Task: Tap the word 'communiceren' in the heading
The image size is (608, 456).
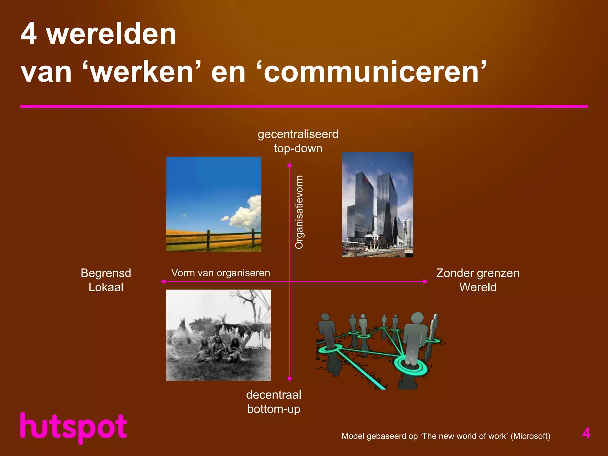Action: (x=371, y=72)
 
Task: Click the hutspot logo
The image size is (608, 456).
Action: (x=74, y=428)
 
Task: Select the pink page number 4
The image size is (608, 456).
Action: (x=586, y=433)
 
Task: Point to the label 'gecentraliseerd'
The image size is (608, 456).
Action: (x=298, y=134)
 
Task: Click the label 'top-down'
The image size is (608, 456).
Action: (x=298, y=148)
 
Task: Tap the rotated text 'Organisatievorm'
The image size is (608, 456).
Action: (x=299, y=212)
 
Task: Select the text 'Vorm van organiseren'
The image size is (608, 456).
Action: (x=221, y=273)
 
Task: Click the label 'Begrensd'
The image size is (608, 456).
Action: (x=106, y=273)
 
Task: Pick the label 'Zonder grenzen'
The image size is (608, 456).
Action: (x=478, y=273)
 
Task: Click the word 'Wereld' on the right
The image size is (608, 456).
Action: (x=478, y=287)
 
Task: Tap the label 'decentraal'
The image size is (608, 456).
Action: (x=274, y=395)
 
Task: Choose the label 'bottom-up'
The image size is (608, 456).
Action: (x=274, y=409)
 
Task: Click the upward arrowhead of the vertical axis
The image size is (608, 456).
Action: (x=290, y=165)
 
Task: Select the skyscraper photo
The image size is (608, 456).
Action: (x=377, y=205)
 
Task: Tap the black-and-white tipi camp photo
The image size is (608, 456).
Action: (x=218, y=335)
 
